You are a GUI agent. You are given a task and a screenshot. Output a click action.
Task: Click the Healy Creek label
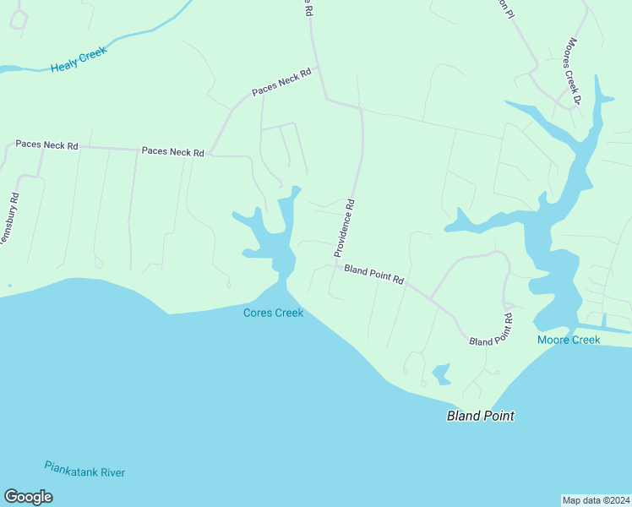[x=79, y=59]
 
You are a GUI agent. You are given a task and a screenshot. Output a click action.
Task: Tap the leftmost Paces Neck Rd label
[x=46, y=145]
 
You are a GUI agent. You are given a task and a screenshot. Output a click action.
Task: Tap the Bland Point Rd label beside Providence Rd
[x=374, y=274]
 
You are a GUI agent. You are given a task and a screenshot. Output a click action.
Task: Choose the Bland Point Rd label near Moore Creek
[x=492, y=331]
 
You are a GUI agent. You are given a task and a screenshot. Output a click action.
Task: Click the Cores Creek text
[x=273, y=313]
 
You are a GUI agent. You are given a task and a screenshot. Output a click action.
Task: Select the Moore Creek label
[x=569, y=340]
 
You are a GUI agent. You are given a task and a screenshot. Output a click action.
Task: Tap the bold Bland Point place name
[x=480, y=416]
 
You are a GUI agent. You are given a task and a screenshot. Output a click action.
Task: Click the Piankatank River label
[x=84, y=469]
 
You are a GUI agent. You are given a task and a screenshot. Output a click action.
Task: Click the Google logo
[x=28, y=497]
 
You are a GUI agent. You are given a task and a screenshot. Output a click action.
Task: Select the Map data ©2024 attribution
[x=595, y=499]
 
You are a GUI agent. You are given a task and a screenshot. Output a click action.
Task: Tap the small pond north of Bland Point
[x=441, y=373]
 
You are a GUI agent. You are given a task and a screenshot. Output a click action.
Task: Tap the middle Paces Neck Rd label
[x=173, y=152]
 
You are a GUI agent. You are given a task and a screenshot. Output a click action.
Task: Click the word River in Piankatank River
[x=110, y=472]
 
